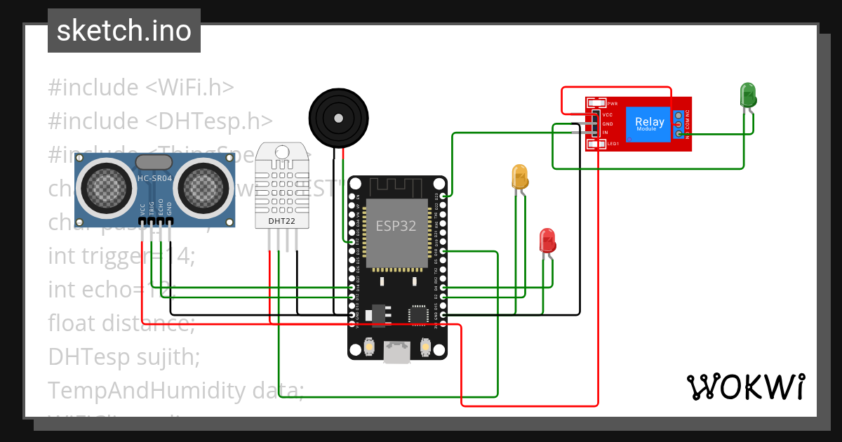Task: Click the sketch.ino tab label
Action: (123, 32)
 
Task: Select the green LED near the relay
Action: (748, 95)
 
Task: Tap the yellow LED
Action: (520, 176)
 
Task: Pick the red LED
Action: (547, 241)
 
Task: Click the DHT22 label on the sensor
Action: (281, 221)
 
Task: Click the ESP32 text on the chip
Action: (396, 226)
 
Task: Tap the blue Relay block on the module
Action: (650, 124)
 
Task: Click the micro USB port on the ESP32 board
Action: (397, 351)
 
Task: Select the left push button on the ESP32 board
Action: (370, 347)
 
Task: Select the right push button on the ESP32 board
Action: (425, 347)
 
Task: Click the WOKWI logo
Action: (745, 387)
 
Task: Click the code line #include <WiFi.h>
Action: (140, 88)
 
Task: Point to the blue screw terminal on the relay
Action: (679, 124)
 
